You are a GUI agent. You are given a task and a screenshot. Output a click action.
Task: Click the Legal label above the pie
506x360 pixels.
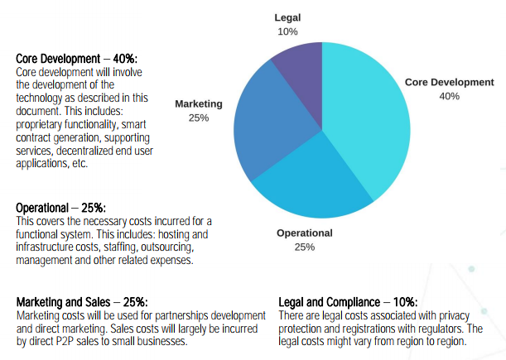288,17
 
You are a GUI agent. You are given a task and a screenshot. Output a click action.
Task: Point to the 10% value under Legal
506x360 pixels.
288,31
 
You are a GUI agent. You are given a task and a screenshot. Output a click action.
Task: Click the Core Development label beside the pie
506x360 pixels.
449,83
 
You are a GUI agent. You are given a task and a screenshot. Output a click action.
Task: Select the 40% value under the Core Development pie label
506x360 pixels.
449,97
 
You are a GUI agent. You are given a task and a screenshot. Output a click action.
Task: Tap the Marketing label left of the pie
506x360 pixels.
199,104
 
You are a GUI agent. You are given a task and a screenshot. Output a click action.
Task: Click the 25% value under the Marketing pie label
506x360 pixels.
199,118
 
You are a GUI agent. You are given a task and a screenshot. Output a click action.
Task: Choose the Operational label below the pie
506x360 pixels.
304,233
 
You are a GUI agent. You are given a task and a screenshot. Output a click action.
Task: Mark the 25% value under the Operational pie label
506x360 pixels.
304,247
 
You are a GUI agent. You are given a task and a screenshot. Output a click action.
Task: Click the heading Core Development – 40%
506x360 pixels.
77,60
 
